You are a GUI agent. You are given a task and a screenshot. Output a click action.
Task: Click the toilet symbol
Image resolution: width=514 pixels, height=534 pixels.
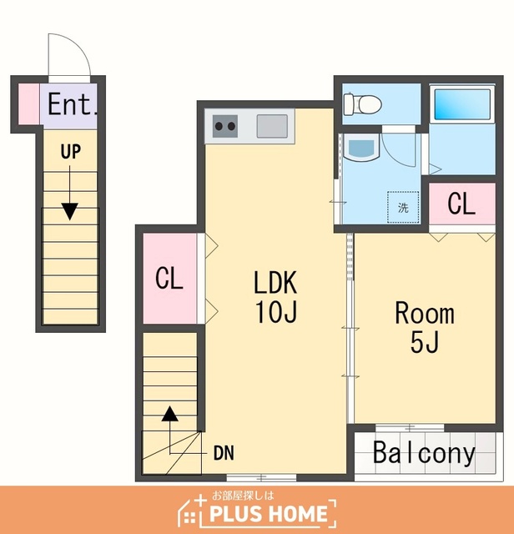point(362,103)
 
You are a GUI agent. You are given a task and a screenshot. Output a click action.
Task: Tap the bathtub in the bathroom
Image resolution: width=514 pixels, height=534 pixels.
point(462,103)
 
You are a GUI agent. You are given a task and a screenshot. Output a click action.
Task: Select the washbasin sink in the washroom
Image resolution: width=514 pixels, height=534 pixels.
point(362,147)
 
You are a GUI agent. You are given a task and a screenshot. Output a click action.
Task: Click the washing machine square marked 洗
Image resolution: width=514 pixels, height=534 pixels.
point(403,207)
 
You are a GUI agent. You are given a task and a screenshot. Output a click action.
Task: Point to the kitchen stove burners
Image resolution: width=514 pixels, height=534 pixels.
point(224,126)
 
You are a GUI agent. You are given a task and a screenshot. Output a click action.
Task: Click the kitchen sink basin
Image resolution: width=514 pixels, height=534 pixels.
point(272,126)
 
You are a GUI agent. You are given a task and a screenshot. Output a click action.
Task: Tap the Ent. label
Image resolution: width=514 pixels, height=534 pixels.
point(73,103)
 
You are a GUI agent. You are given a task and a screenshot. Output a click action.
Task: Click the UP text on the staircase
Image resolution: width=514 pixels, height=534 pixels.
point(71,152)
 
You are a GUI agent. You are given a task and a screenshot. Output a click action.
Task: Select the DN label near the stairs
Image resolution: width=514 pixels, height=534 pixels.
point(224,453)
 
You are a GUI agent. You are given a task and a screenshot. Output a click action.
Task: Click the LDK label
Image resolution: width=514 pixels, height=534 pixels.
point(275,282)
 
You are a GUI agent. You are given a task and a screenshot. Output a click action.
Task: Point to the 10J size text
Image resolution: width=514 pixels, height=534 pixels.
point(276,311)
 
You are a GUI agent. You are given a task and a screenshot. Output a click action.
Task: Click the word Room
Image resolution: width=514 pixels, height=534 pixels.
point(425,313)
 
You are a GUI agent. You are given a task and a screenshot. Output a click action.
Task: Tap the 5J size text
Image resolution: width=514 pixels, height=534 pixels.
point(425,341)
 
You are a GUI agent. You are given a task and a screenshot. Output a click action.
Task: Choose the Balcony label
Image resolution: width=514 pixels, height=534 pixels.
point(424,453)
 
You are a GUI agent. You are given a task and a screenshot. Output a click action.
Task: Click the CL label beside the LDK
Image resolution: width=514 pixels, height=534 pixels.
point(169,279)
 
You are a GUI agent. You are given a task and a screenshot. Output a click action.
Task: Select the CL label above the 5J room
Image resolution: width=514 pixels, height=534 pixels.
point(461,204)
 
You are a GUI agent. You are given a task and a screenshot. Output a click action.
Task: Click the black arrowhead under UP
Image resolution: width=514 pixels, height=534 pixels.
point(70,211)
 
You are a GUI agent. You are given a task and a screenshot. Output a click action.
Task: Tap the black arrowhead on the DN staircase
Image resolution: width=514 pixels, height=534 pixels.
point(169,414)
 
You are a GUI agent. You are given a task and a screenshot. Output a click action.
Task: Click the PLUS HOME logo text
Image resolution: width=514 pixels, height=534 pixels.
point(269,514)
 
